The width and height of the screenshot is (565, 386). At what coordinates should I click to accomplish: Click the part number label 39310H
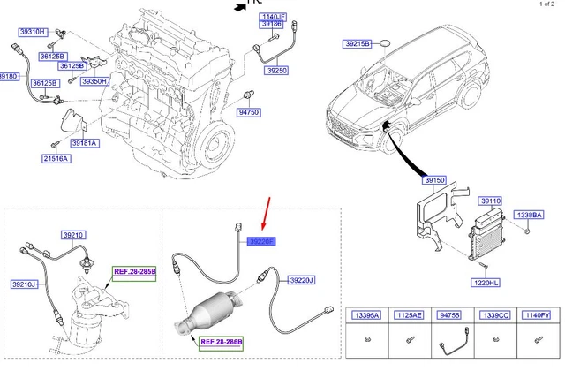tap(33, 31)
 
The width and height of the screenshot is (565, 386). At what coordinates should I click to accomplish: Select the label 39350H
tap(94, 81)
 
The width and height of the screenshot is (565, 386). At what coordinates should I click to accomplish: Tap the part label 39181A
tap(86, 142)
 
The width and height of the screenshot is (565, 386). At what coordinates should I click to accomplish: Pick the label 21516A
tap(56, 158)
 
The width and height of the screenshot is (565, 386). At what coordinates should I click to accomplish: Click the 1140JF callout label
tap(273, 17)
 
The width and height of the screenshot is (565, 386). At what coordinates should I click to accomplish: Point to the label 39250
tap(277, 70)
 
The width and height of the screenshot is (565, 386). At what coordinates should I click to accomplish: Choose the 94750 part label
tap(250, 113)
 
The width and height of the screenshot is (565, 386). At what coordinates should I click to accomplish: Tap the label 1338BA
tap(531, 215)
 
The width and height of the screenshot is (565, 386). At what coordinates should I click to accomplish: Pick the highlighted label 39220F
tap(262, 241)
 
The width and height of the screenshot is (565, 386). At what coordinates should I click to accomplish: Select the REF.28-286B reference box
tap(221, 341)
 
